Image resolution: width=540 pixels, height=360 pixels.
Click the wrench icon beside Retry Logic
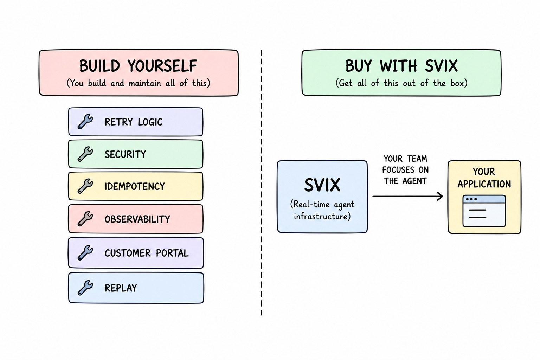coord(85,122)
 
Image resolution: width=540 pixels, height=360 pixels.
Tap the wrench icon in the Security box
coord(85,154)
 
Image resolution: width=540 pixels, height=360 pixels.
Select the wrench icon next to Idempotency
coord(85,186)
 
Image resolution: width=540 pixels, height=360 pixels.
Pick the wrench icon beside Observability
coord(85,219)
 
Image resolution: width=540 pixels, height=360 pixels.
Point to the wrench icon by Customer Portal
coord(85,253)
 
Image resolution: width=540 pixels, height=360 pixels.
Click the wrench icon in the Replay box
coord(85,288)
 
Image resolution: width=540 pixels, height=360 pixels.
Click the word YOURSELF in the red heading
coord(162,66)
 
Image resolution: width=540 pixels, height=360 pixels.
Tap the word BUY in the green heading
coord(359,66)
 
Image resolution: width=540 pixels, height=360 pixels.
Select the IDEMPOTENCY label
coord(135,186)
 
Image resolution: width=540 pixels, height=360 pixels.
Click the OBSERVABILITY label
coord(137,219)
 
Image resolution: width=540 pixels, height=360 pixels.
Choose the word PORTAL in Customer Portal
coord(172,253)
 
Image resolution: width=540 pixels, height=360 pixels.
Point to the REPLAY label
coord(121,288)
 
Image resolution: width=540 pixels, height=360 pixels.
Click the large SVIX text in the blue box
coord(322,185)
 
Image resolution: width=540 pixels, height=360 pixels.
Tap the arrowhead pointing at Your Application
coord(440,196)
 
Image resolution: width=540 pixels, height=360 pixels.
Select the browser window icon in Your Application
coord(484,211)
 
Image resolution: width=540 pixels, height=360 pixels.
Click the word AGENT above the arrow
coord(414,181)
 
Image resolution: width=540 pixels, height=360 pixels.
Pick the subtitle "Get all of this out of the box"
coord(401,83)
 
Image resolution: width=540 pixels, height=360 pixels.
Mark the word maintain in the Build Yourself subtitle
coord(145,83)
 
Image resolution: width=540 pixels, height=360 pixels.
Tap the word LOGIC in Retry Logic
coord(150,122)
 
